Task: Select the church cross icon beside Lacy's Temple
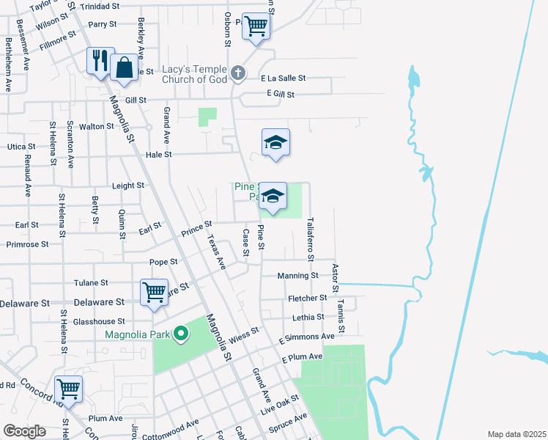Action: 237,73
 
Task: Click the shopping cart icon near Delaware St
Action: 154,292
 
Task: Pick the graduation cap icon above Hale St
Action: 275,142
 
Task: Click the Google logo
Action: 24,431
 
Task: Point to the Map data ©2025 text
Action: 516,434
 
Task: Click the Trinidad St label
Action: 104,7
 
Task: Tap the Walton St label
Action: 96,126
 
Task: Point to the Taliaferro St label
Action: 311,238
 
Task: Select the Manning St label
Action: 297,276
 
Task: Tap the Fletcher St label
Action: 307,298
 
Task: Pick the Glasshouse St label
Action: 93,321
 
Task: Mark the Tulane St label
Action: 91,282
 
